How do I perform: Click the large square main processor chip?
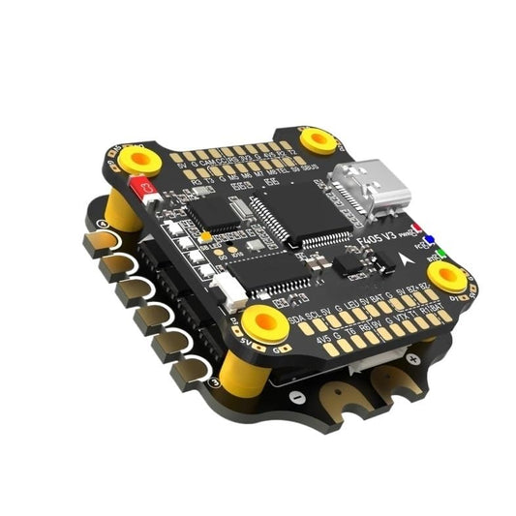click(285, 213)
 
